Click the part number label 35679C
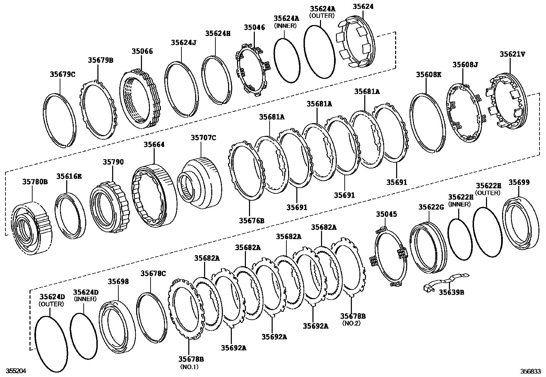62,74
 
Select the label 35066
142,51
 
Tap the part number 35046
254,27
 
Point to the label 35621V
512,54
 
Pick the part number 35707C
203,138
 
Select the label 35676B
252,220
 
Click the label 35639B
451,292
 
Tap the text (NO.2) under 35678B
352,323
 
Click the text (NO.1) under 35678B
189,367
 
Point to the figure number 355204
14,371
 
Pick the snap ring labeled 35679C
60,120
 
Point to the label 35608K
429,74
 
